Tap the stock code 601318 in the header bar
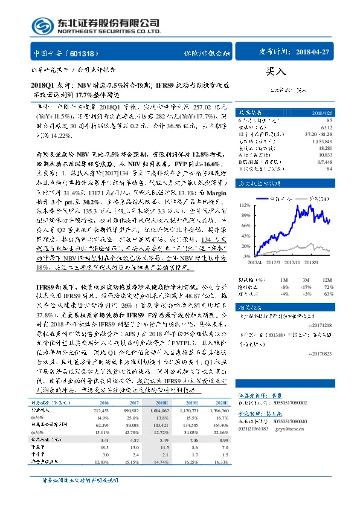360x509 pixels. (x=84, y=53)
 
